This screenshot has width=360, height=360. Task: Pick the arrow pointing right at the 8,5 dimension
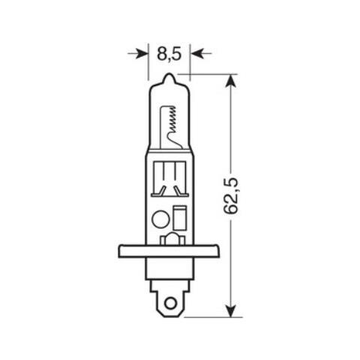pyautogui.click(x=138, y=53)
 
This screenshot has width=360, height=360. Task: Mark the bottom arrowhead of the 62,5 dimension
pyautogui.click(x=232, y=310)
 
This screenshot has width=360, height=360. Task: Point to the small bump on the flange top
pyautogui.click(x=170, y=240)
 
